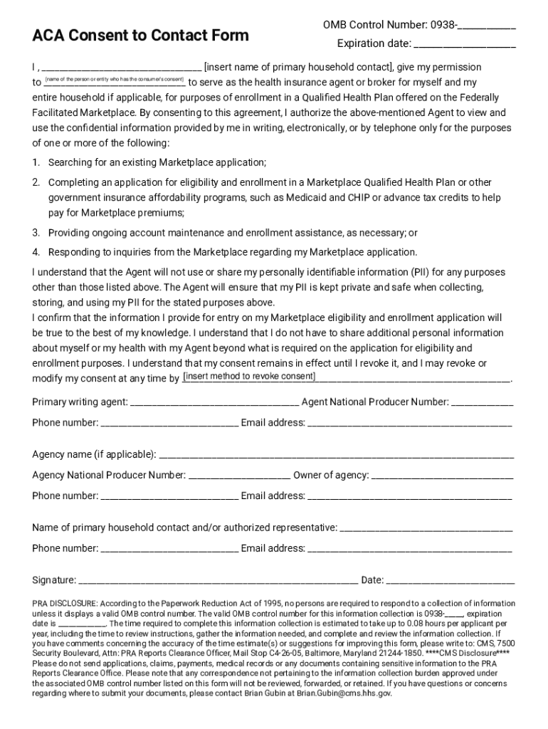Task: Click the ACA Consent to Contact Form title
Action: (140, 36)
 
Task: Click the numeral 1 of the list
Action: (36, 163)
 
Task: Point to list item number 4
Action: (36, 252)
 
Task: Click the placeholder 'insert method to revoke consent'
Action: (249, 377)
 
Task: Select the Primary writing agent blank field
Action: (214, 403)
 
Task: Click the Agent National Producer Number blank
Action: (483, 403)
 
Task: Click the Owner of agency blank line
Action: (442, 476)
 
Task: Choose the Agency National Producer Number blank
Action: (239, 476)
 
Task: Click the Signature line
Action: (218, 580)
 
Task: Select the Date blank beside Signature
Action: (450, 580)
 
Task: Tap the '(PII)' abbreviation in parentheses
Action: (419, 272)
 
